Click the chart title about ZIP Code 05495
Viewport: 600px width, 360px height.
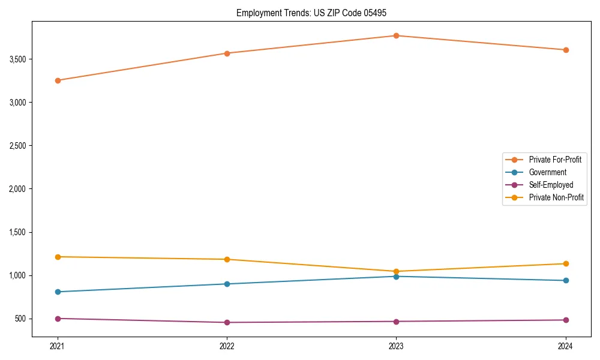(300, 13)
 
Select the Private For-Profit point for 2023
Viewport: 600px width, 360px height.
(396, 35)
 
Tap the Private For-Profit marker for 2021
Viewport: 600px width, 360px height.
(58, 80)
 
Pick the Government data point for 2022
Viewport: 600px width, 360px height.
(227, 284)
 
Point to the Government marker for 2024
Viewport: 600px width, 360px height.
(566, 280)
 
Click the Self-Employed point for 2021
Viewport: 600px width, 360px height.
(58, 319)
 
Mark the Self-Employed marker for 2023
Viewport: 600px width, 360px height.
(396, 322)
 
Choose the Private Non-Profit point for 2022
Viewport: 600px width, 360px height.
(227, 259)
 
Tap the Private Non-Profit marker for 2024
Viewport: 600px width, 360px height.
(566, 263)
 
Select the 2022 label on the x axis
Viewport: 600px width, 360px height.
(227, 346)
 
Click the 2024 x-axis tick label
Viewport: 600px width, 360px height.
(566, 346)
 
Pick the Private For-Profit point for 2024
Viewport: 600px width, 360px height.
(566, 50)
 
